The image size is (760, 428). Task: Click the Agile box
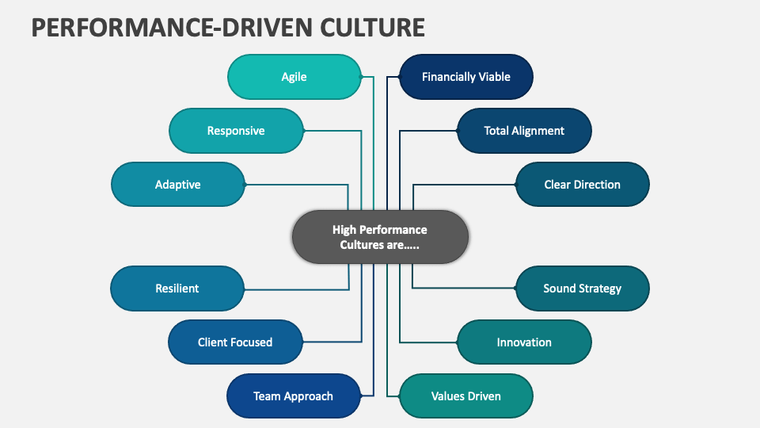[x=294, y=77]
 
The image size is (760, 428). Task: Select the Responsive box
[x=236, y=131]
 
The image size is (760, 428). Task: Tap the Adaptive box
[x=178, y=185]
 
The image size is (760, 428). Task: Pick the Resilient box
[x=177, y=289]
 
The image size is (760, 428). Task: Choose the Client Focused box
[x=235, y=342]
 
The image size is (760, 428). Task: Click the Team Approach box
[x=293, y=396]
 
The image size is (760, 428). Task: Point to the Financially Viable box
[x=465, y=77]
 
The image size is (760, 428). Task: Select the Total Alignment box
[x=524, y=131]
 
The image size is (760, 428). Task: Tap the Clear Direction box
[x=582, y=185]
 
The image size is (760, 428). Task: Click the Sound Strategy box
[x=582, y=289]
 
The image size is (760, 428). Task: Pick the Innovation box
[x=524, y=342]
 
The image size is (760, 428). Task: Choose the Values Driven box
[x=465, y=396]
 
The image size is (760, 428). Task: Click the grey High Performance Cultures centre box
[x=380, y=237]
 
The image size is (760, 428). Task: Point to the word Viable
[x=494, y=77]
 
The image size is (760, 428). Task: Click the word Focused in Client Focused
[x=252, y=342]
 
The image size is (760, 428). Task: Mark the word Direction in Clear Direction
[x=598, y=185]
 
